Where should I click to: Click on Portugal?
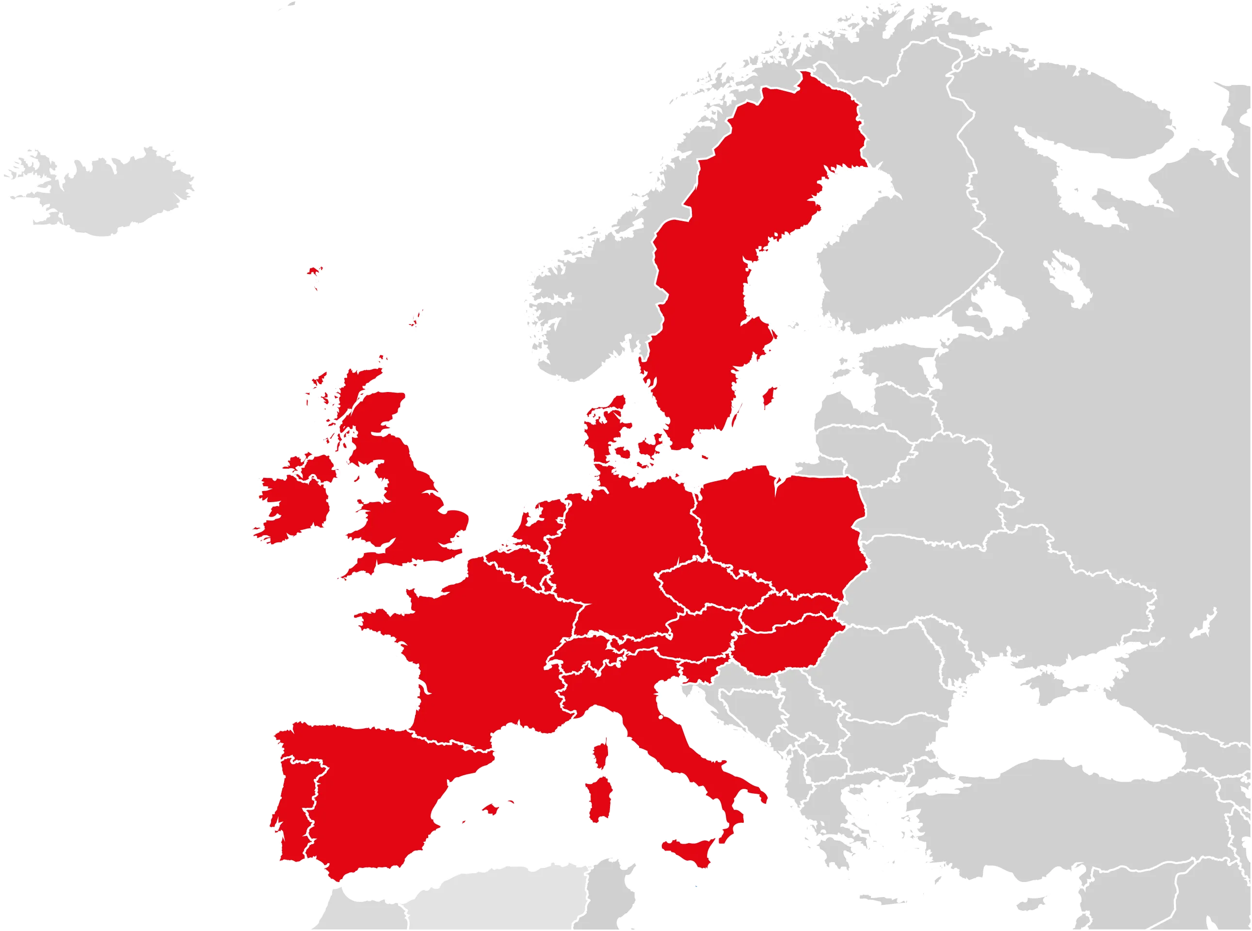tap(293, 800)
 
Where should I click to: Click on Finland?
tap(913, 226)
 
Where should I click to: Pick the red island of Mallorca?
tap(490, 809)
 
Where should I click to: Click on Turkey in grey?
tap(1042, 817)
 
